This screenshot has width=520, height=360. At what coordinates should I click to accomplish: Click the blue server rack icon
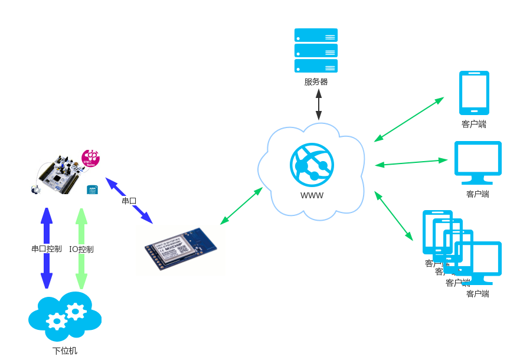[x=316, y=50]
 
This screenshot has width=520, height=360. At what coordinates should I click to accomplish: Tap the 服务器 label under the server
[x=316, y=81]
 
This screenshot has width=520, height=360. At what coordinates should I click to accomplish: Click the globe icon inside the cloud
[x=312, y=162]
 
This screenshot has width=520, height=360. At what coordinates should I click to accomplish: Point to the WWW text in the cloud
[x=312, y=195]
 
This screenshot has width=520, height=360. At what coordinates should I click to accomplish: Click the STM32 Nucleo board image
[x=65, y=172]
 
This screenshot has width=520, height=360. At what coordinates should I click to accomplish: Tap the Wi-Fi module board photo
[x=181, y=250]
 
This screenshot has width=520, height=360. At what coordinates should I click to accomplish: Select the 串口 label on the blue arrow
[x=129, y=201]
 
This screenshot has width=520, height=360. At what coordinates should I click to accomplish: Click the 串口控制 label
[x=46, y=248]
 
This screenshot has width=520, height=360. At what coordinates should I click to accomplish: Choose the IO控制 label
[x=81, y=249]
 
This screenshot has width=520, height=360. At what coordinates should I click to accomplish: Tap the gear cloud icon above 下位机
[x=65, y=316]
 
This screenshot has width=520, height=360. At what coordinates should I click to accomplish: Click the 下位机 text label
[x=65, y=351]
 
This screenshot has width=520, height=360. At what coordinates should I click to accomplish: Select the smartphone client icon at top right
[x=474, y=93]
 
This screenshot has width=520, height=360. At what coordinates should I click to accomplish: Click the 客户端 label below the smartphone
[x=474, y=124]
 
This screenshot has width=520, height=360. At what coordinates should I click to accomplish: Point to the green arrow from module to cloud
[x=241, y=206]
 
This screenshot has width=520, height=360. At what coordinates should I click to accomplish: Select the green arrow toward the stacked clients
[x=394, y=215]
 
